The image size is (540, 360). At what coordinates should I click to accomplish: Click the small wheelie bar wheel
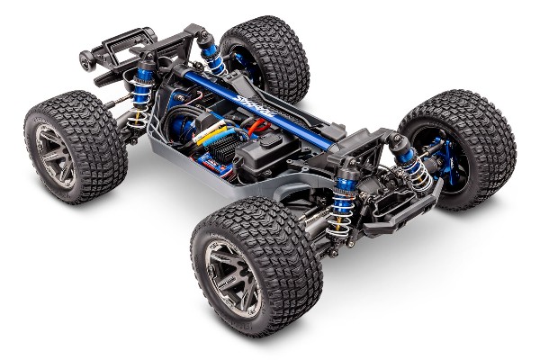pos(85,60)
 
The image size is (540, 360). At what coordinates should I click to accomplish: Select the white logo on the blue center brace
pos(254,102)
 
